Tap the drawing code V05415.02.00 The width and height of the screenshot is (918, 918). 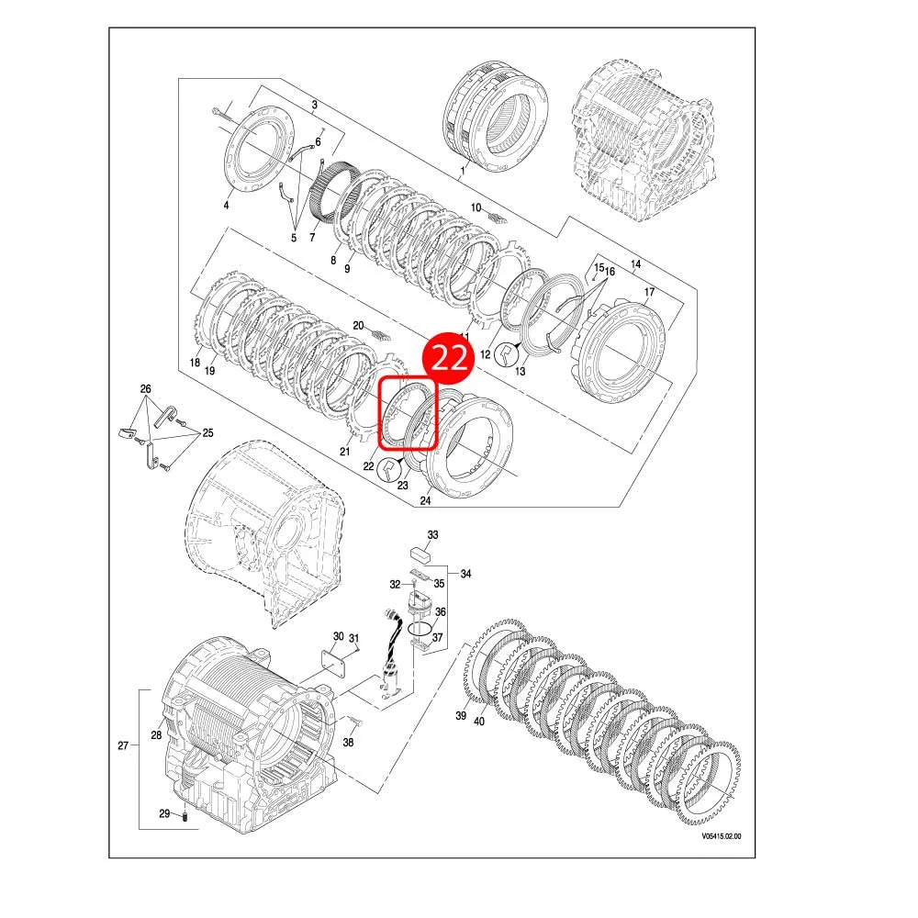pos(721,836)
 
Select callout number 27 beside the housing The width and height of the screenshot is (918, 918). pos(123,745)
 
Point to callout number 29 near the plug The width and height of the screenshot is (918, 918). pos(164,814)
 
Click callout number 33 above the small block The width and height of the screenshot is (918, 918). pos(433,534)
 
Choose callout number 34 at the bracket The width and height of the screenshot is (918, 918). pos(466,574)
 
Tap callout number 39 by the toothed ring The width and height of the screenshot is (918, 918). pos(462,716)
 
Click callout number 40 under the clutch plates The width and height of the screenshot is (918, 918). pos(478,722)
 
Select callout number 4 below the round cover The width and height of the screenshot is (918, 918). pos(226,204)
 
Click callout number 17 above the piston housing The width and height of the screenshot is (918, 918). pos(648,293)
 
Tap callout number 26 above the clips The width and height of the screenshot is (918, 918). pos(145,388)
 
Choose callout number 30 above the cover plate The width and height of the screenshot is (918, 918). pos(338,636)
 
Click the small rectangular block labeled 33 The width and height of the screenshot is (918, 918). pos(423,554)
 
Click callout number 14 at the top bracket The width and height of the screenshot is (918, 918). pos(635,264)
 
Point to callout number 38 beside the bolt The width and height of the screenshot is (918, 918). pos(348,742)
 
